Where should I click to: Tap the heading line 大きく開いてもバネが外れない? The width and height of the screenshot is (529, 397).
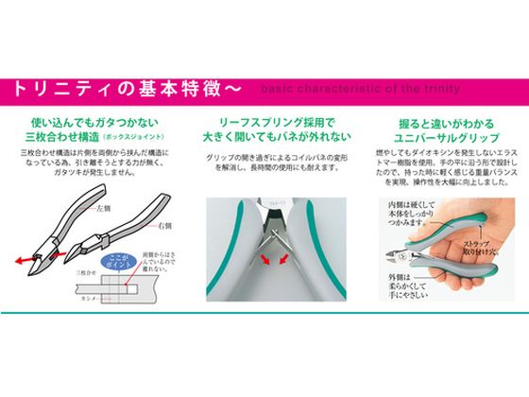tap(263, 138)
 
